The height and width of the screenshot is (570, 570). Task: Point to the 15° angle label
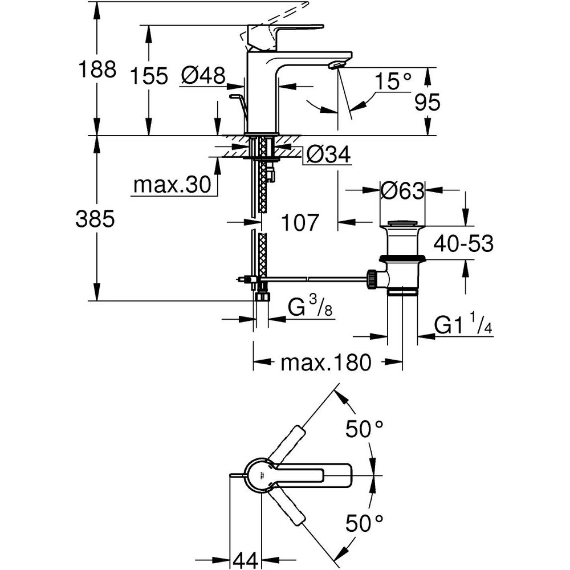click(393, 82)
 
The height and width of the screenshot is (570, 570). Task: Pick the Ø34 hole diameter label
click(327, 153)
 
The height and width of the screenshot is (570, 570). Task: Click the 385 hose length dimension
click(95, 219)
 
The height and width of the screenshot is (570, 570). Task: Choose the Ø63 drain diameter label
click(403, 190)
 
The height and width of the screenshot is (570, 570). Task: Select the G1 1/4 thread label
click(463, 325)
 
